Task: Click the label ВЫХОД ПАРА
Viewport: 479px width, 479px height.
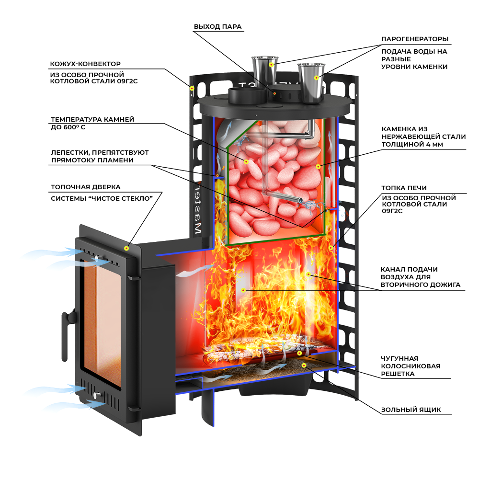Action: tap(217, 26)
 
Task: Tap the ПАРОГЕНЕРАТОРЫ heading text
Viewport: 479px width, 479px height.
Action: tap(415, 38)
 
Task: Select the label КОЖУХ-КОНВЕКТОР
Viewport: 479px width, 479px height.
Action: tap(85, 63)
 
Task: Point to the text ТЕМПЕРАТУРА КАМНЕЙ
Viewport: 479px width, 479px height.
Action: tap(92, 119)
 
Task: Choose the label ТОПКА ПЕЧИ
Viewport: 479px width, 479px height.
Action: tap(404, 188)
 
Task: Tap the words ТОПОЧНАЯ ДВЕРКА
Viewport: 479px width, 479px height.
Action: tap(86, 187)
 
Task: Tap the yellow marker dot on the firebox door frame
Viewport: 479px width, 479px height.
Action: tap(126, 248)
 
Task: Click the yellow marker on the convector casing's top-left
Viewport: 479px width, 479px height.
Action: tap(192, 88)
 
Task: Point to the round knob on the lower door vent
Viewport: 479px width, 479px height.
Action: tap(99, 395)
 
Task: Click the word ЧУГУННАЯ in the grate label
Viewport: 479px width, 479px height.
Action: tap(399, 358)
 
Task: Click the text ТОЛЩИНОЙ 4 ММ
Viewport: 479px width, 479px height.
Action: tap(411, 144)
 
